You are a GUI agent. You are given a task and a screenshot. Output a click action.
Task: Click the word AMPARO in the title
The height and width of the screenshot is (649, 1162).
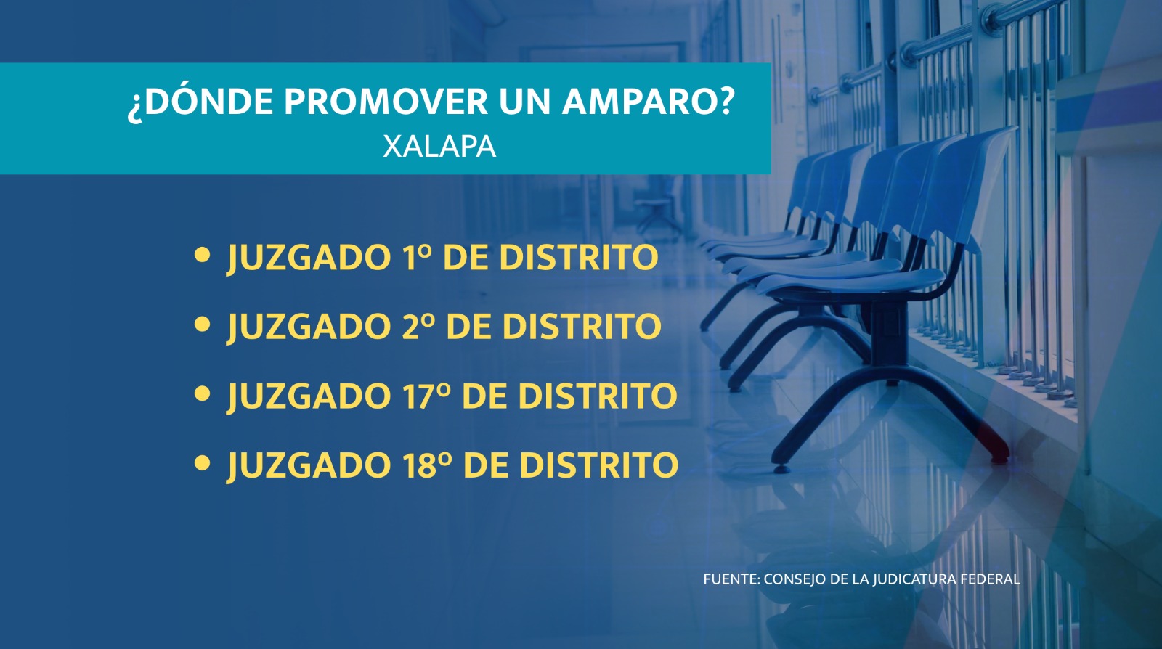[649, 101]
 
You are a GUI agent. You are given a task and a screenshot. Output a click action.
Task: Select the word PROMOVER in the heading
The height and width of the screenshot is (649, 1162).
[386, 101]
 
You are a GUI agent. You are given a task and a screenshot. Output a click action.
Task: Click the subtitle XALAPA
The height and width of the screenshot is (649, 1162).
[439, 147]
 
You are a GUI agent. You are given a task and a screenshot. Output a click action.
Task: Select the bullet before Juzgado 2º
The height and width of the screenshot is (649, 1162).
[202, 324]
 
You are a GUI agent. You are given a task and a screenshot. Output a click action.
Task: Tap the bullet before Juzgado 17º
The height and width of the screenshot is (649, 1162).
[202, 394]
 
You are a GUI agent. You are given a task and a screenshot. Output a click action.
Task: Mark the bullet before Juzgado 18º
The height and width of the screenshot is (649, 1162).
[202, 463]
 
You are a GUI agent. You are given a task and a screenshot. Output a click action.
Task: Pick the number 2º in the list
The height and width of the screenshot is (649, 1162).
[418, 325]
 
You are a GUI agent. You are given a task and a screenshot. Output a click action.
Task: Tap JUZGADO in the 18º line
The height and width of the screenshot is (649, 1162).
[309, 465]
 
